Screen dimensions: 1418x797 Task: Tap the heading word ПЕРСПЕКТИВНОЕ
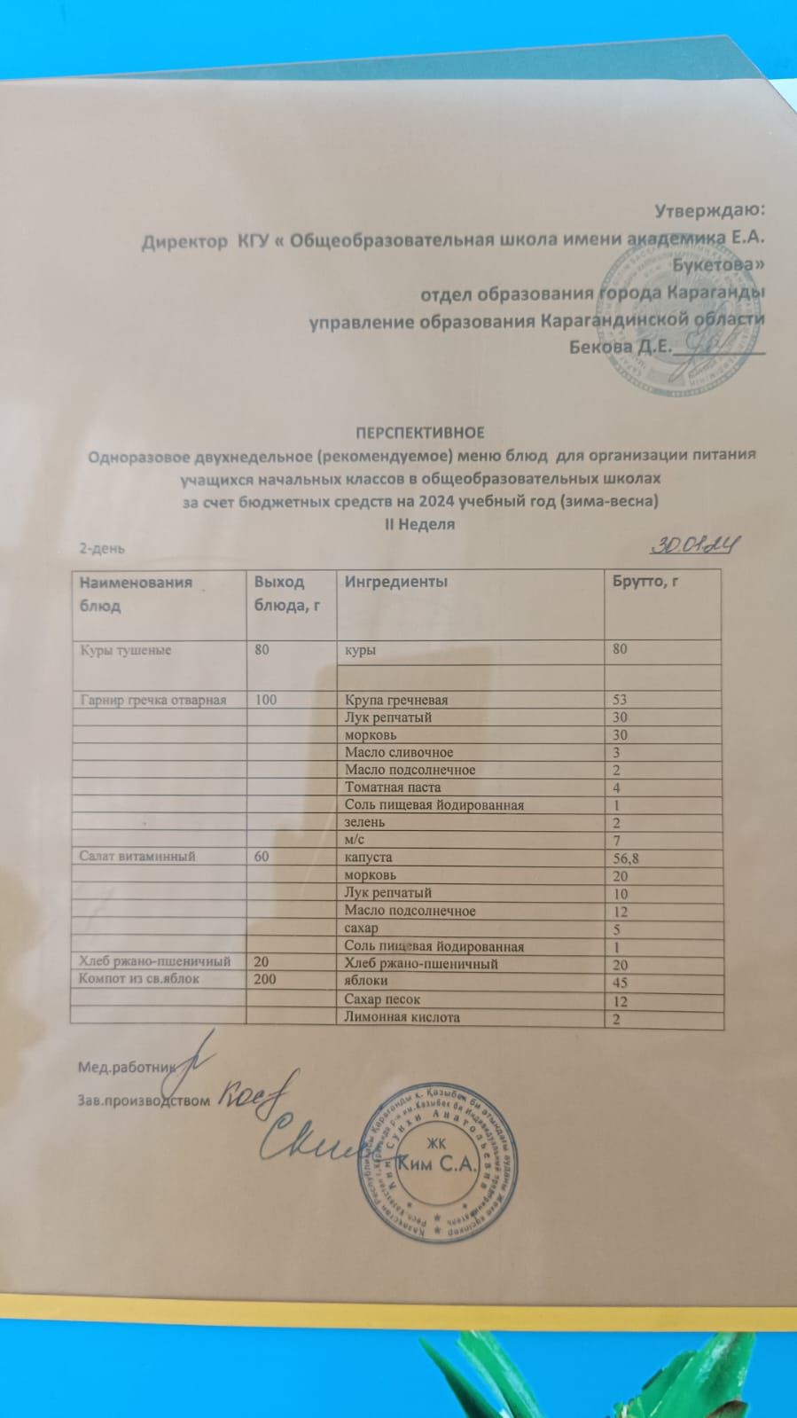click(420, 433)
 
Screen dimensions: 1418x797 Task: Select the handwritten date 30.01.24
click(695, 547)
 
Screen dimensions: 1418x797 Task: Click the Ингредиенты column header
click(395, 582)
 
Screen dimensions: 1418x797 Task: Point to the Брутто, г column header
click(652, 582)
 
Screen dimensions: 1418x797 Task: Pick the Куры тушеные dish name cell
click(126, 650)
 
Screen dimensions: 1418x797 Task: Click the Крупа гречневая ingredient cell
click(396, 700)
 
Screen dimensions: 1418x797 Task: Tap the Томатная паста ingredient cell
click(393, 787)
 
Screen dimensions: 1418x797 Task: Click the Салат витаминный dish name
click(137, 857)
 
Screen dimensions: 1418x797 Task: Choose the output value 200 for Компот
click(265, 979)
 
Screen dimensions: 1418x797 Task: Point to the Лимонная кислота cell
click(402, 1017)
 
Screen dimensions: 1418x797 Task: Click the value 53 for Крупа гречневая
click(620, 701)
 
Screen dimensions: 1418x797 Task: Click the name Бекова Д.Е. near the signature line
click(621, 346)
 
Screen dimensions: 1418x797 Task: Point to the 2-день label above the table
click(102, 548)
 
